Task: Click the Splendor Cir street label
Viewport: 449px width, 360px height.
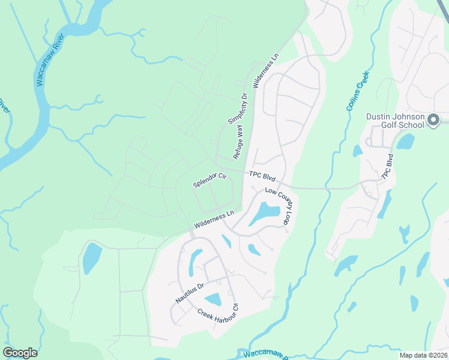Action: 209,180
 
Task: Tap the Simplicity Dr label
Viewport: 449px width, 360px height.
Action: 238,109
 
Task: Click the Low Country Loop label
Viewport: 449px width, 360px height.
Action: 279,208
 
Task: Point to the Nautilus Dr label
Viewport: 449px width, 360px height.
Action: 190,290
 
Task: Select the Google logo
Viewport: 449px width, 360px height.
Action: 20,353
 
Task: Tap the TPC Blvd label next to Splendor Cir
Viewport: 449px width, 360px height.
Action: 262,178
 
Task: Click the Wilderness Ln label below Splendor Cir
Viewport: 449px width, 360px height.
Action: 213,220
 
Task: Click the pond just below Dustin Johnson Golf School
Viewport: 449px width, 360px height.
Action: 405,142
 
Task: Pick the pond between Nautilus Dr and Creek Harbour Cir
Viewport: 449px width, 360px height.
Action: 213,299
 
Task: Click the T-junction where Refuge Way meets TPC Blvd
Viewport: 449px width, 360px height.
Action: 243,173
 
